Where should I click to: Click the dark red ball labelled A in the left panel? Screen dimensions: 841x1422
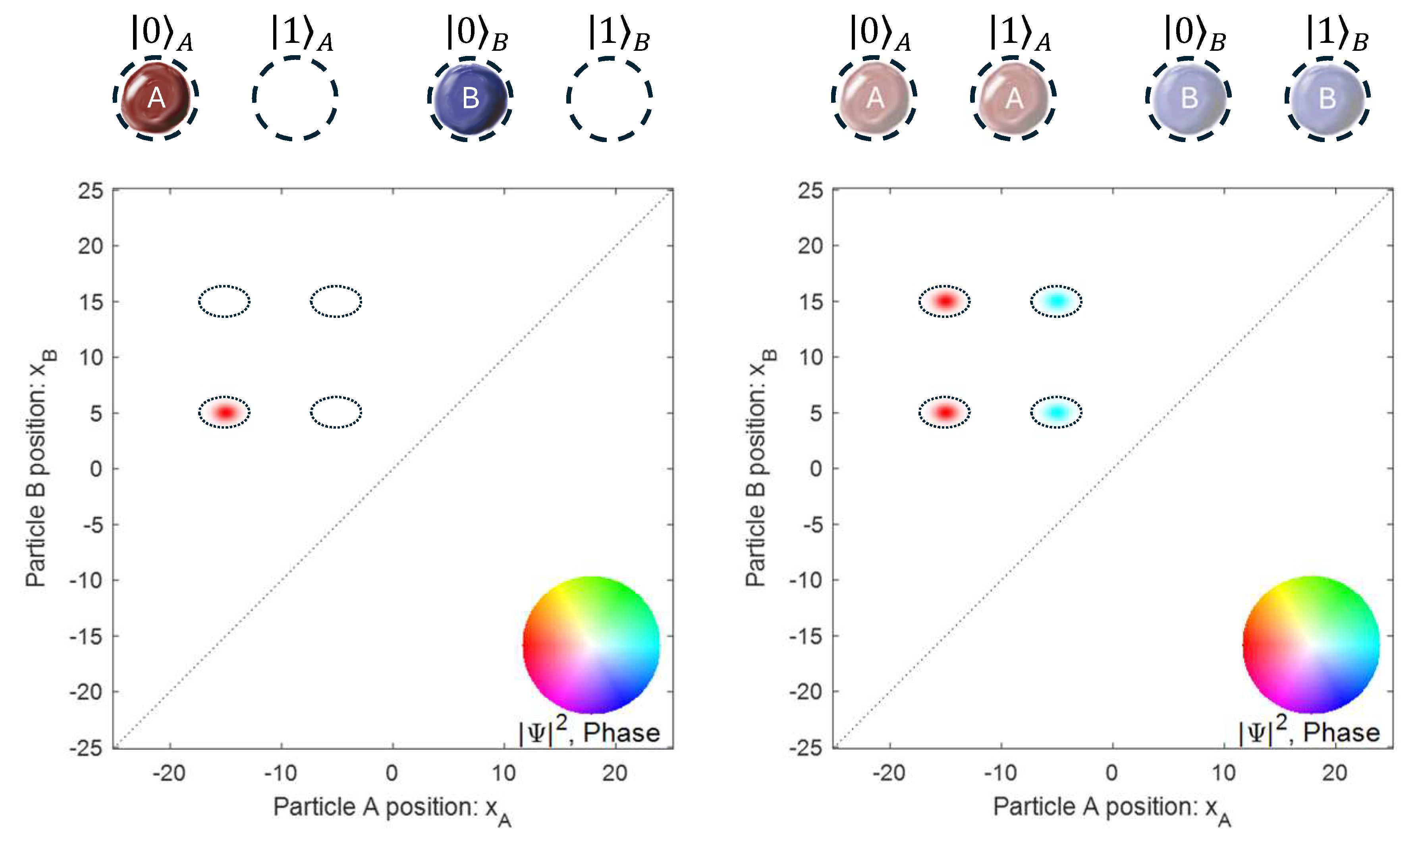point(155,98)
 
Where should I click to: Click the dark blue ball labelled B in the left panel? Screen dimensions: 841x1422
point(470,98)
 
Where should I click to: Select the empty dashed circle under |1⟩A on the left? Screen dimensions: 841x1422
point(295,98)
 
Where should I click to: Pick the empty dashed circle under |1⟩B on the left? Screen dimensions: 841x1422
point(609,98)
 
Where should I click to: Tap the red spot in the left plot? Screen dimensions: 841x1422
point(225,412)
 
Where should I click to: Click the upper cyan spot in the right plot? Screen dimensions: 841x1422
point(1056,301)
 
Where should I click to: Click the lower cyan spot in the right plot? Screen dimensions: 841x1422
point(1056,412)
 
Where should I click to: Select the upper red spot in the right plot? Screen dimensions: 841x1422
point(945,301)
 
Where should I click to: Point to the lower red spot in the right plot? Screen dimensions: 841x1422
point(945,412)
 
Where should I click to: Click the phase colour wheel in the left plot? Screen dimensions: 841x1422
point(591,645)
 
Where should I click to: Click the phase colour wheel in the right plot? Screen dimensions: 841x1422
point(1311,645)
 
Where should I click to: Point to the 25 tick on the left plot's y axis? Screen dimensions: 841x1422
point(91,191)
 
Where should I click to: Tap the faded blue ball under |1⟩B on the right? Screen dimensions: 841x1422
point(1327,98)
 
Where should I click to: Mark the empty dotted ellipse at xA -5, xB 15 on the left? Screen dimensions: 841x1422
point(336,301)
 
